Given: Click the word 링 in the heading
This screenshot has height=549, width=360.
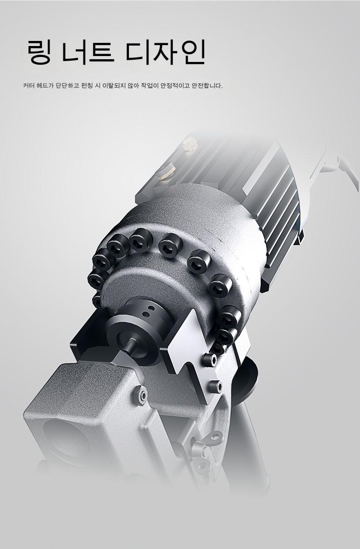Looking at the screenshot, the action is (x=39, y=52).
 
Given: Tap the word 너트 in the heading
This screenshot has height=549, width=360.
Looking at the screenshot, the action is (x=87, y=52).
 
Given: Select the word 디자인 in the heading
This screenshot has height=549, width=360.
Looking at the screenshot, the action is (x=165, y=52).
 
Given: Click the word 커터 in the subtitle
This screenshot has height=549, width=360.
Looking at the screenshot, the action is (x=28, y=86).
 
